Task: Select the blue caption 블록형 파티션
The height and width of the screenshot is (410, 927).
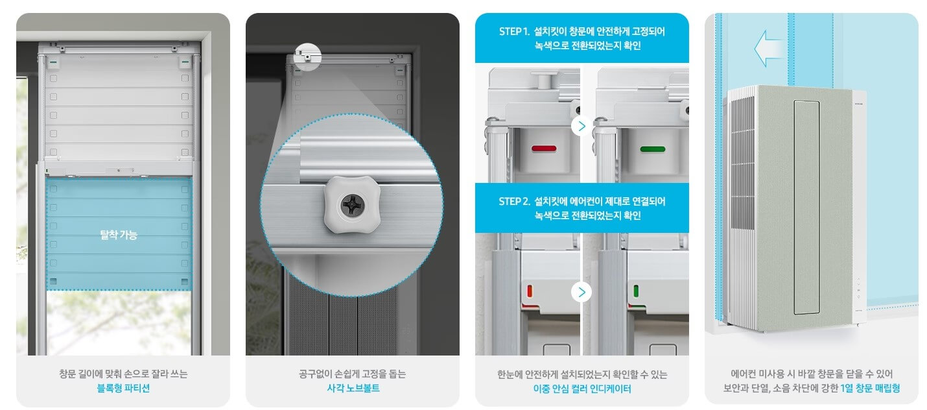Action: pos(123,389)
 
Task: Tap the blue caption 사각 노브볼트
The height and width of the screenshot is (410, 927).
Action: pos(353,389)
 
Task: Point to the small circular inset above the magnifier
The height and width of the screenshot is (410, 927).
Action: pos(307,56)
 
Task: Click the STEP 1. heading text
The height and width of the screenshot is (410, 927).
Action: pos(513,31)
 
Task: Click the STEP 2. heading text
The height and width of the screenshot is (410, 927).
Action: pos(513,201)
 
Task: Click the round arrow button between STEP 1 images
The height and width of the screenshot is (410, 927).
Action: pos(581,126)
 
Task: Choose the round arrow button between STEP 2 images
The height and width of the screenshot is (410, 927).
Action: pos(581,292)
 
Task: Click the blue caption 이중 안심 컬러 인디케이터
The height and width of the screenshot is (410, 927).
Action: pos(581,389)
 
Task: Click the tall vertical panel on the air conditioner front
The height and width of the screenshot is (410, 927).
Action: pos(806,207)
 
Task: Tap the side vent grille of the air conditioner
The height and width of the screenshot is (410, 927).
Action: pos(740,195)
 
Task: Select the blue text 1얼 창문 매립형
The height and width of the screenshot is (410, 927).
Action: pos(870,389)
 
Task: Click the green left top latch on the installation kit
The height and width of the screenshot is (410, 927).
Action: pos(53,62)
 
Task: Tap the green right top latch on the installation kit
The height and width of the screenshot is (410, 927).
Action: pos(185,62)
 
